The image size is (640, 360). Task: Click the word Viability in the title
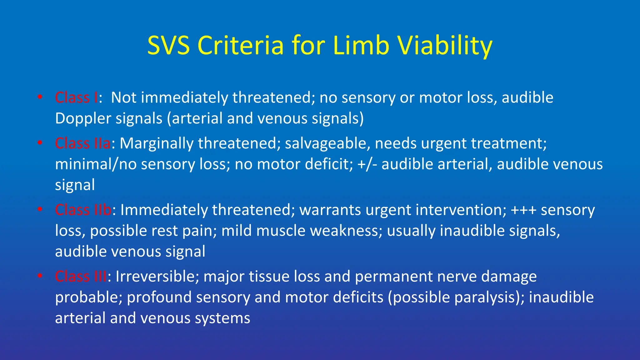(445, 46)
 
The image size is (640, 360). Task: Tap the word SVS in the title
(168, 46)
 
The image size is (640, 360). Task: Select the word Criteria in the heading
(241, 46)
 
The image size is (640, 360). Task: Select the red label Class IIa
(82, 143)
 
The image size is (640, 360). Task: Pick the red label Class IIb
(83, 210)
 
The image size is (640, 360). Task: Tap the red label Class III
(81, 276)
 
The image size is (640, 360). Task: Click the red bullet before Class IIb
(40, 209)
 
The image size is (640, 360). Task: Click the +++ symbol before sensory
(523, 210)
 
